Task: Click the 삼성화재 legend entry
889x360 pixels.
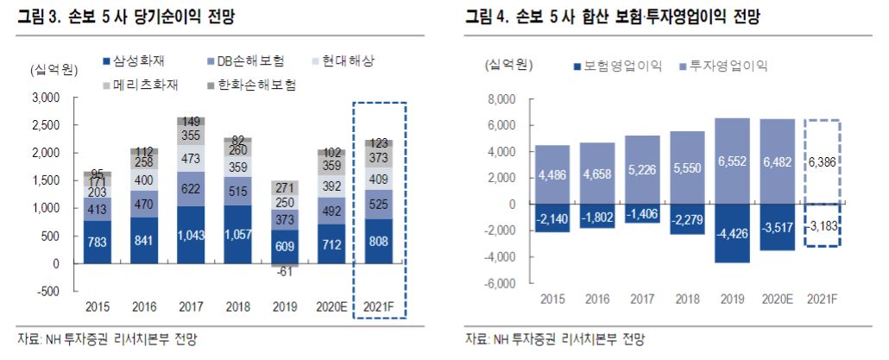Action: pyautogui.click(x=139, y=62)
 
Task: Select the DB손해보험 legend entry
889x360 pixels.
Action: pyautogui.click(x=244, y=62)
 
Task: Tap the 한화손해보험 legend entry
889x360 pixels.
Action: pyautogui.click(x=255, y=85)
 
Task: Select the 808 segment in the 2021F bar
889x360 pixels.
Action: pyautogui.click(x=380, y=241)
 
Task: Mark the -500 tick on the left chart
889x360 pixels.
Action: pyautogui.click(x=47, y=291)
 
